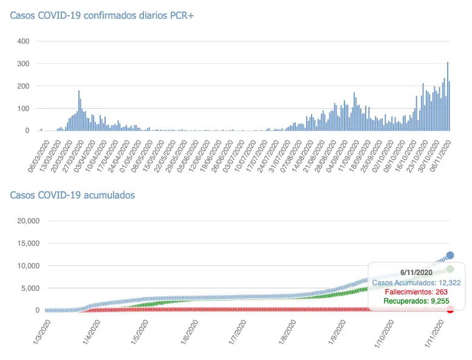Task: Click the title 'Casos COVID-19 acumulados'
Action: [x=72, y=195]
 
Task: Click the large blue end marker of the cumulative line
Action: [x=450, y=256]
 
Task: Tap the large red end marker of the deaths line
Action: [x=450, y=310]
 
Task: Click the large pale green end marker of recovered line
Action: [x=450, y=269]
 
